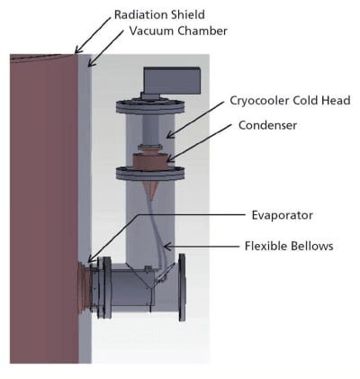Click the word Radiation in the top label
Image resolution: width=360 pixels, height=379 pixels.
[x=139, y=15]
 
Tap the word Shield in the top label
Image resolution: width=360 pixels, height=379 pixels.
[x=186, y=15]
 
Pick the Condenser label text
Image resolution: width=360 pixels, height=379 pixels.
[x=265, y=125]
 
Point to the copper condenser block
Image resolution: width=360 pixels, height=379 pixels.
[x=149, y=160]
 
